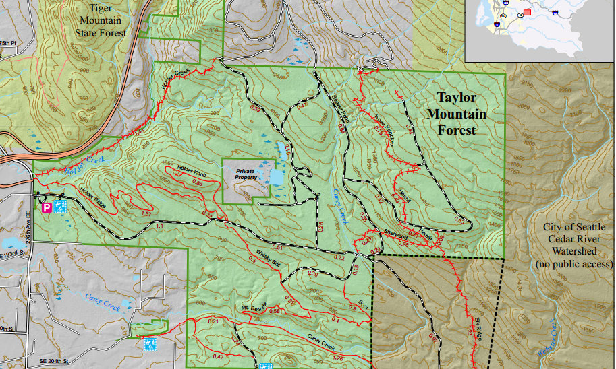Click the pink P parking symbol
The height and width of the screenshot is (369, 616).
pyautogui.click(x=47, y=208)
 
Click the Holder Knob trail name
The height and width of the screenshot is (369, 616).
pyautogui.click(x=191, y=173)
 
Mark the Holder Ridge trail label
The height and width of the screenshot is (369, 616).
pyautogui.click(x=92, y=195)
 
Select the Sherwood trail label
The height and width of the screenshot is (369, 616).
pyautogui.click(x=397, y=236)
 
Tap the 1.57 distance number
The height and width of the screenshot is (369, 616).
pyautogui.click(x=144, y=213)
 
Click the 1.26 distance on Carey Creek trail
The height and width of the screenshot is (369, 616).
pyautogui.click(x=337, y=358)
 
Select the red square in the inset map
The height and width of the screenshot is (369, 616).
pyautogui.click(x=527, y=11)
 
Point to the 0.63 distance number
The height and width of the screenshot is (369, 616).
pyautogui.click(x=459, y=220)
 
